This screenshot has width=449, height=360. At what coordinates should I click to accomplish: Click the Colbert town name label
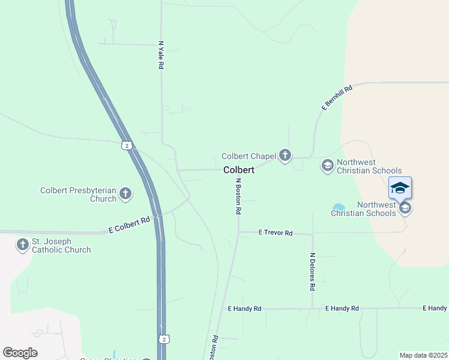coord(239,170)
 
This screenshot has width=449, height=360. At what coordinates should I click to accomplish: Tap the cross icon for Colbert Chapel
coord(285,156)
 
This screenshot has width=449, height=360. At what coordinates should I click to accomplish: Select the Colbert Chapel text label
coord(248,156)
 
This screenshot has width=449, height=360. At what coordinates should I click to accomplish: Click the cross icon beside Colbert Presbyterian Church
coord(125,193)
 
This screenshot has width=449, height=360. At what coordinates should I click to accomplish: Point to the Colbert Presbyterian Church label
coord(78,195)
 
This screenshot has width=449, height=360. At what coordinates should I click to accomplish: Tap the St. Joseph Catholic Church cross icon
coord(22,245)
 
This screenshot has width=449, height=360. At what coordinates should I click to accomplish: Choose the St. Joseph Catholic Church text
coord(61,245)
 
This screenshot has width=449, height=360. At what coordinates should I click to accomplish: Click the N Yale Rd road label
coord(161,55)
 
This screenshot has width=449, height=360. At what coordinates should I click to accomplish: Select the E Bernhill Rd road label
coord(337,97)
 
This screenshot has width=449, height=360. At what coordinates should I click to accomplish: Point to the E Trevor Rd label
coord(275,232)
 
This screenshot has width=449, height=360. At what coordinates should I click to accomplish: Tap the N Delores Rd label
coord(312,271)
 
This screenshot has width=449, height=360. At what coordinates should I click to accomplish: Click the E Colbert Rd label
coord(129,225)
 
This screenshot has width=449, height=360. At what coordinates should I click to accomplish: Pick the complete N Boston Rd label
coord(238,196)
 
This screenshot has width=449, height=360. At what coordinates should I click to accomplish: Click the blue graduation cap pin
coord(400,188)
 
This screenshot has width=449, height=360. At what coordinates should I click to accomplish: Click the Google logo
coord(20,353)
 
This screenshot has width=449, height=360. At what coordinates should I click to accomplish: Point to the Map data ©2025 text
coord(423,355)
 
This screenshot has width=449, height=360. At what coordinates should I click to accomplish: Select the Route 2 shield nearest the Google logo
coord(163,339)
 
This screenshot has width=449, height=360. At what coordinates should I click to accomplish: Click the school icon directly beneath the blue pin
coord(405,208)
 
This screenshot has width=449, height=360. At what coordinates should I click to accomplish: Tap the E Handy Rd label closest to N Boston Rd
coord(245,308)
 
